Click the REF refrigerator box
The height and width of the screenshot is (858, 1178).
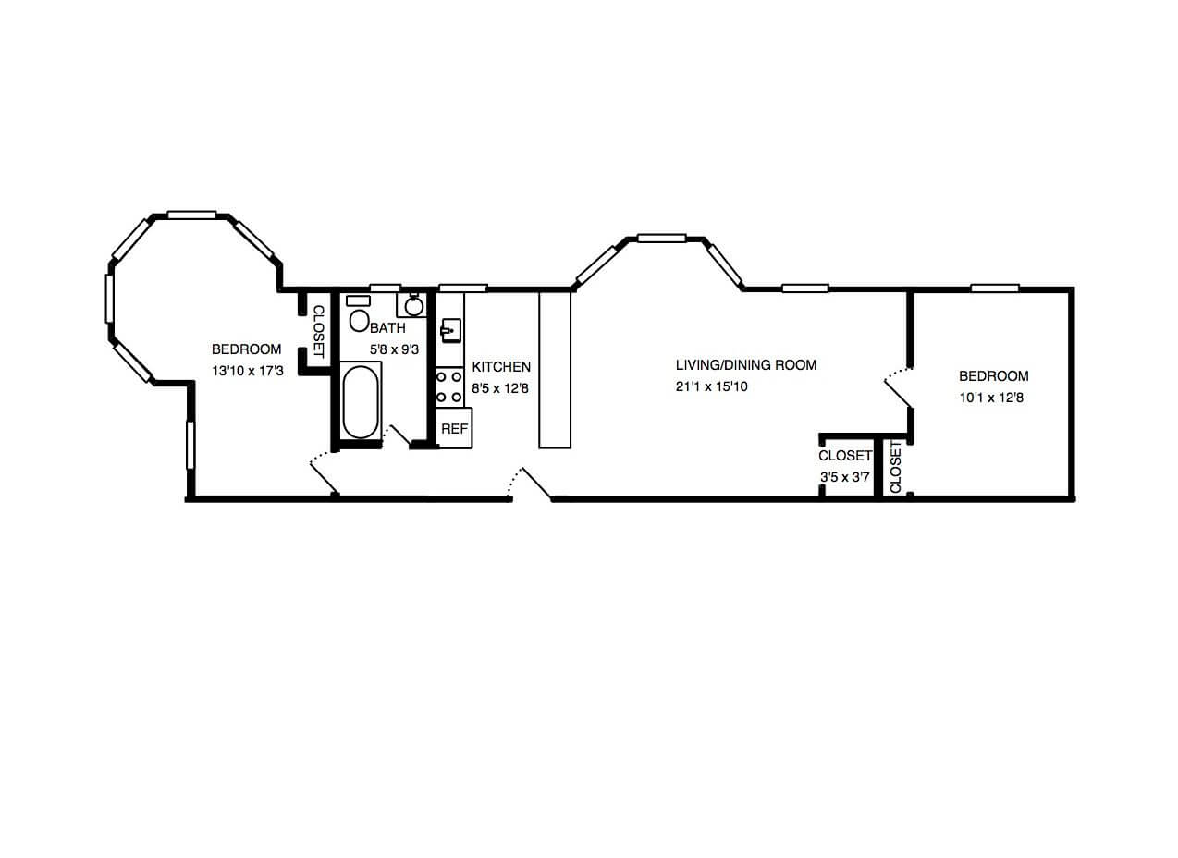[x=454, y=428]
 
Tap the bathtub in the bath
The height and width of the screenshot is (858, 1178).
[x=361, y=401]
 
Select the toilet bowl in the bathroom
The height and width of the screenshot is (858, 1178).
[x=359, y=321]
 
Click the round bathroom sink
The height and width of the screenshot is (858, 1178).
[x=414, y=307]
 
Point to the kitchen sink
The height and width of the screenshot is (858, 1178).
[x=450, y=331]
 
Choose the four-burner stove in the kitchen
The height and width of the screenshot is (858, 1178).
[x=449, y=386]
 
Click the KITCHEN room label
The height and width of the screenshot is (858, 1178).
[x=500, y=366]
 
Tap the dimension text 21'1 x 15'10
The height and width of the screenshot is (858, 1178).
[x=711, y=386]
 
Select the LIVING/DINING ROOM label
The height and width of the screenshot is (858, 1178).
[x=745, y=364]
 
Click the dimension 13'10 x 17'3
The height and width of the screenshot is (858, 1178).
[x=247, y=371]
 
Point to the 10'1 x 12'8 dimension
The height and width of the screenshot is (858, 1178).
[x=991, y=398]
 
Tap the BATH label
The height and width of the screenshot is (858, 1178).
[x=387, y=328]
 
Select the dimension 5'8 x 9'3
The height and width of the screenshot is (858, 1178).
[x=394, y=349]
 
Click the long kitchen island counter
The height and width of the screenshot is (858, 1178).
[x=554, y=370]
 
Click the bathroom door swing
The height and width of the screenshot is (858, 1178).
[x=396, y=435]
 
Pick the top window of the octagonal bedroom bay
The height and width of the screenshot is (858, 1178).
[x=191, y=214]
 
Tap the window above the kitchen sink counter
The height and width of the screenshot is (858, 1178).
[x=462, y=288]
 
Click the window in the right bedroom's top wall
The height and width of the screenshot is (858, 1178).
[x=995, y=288]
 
